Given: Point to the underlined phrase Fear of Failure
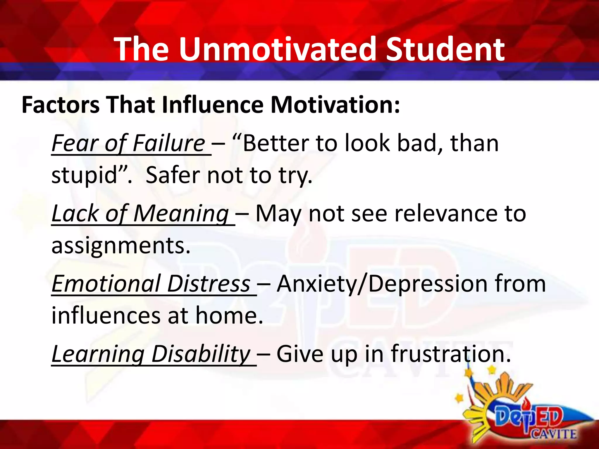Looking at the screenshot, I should [129, 143].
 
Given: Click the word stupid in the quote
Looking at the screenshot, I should [85, 175].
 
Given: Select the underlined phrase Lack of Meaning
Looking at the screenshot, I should [140, 213].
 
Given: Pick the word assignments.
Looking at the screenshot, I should [121, 246].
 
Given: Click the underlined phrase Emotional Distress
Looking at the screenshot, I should [151, 284].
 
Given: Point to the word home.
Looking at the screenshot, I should [229, 316].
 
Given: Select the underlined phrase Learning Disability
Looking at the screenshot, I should [151, 354].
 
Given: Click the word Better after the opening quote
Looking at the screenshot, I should [276, 143].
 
